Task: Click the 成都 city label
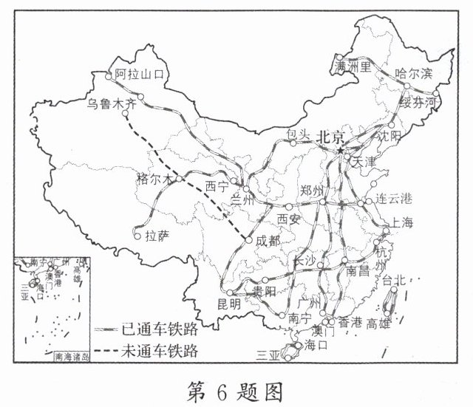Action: (268, 240)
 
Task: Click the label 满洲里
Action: (352, 67)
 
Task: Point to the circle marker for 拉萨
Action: (137, 236)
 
